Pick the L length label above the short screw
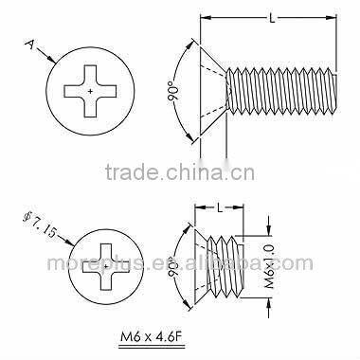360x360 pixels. point(220,207)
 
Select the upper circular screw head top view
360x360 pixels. point(89,89)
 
